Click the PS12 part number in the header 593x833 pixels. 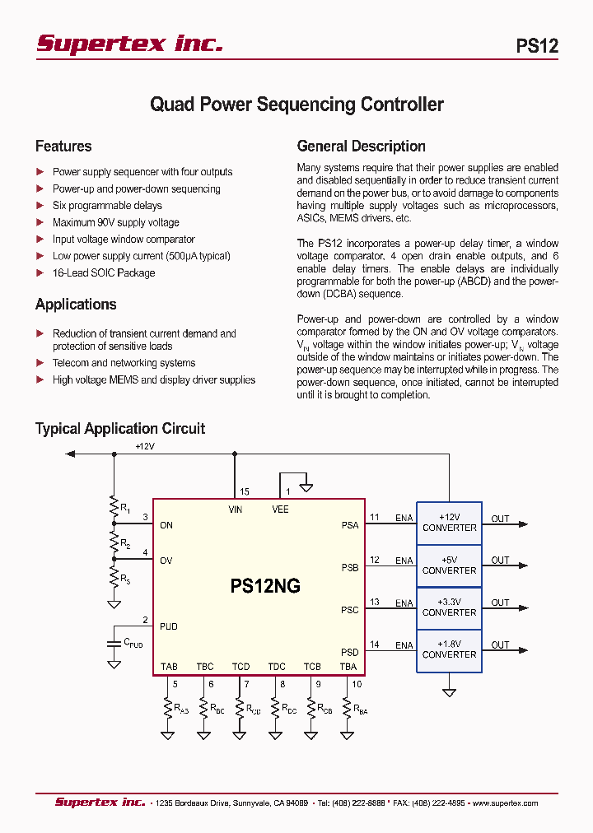click(x=537, y=46)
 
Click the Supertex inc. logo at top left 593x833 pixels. click(x=129, y=44)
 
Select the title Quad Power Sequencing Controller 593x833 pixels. click(x=296, y=105)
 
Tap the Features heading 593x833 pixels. click(x=63, y=147)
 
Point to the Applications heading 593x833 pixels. click(x=76, y=305)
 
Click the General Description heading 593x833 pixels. click(x=361, y=147)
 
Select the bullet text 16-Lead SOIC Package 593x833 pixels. click(x=104, y=273)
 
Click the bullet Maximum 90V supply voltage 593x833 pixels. click(x=115, y=222)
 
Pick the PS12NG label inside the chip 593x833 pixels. click(x=265, y=586)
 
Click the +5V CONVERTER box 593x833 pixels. click(x=449, y=565)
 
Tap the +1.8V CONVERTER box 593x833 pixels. click(x=449, y=649)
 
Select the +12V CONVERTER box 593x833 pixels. click(x=449, y=523)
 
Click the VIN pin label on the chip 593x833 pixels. click(x=236, y=510)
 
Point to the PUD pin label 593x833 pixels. click(x=168, y=626)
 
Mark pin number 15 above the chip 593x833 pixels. click(x=245, y=492)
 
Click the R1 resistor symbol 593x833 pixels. click(x=114, y=508)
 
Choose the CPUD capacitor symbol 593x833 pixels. click(x=114, y=640)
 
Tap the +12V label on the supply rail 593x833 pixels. click(x=145, y=446)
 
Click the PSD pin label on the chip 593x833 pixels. click(x=350, y=653)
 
